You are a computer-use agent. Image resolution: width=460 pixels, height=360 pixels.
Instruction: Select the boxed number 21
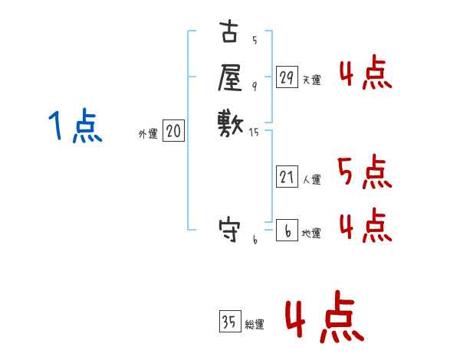point(287,177)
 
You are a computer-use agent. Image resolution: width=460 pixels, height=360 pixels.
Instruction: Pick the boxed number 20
point(173,132)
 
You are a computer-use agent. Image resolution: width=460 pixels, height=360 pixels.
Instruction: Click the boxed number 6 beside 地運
point(287,229)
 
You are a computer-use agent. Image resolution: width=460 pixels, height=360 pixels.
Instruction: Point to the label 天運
point(311,80)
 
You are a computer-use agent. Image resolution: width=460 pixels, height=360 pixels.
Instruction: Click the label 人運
point(311,181)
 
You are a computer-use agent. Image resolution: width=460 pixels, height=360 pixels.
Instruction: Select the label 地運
point(311,234)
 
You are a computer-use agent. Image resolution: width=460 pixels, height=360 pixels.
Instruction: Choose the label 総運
point(255,326)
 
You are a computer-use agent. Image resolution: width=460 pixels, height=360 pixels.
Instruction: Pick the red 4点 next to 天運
point(364,74)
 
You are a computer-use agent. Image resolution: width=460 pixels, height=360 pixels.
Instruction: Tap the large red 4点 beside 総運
point(324,320)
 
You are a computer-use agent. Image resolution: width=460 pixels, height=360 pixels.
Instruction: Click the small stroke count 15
point(255,133)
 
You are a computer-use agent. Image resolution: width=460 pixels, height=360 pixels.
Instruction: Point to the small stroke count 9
point(255,86)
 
